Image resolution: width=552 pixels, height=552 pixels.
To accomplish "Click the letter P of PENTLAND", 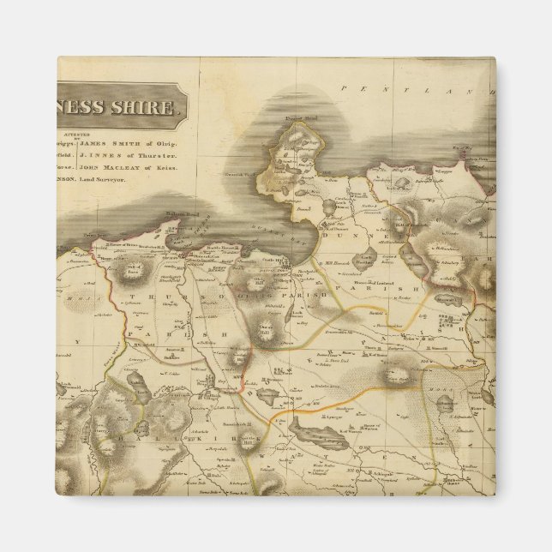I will pos(343,88).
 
